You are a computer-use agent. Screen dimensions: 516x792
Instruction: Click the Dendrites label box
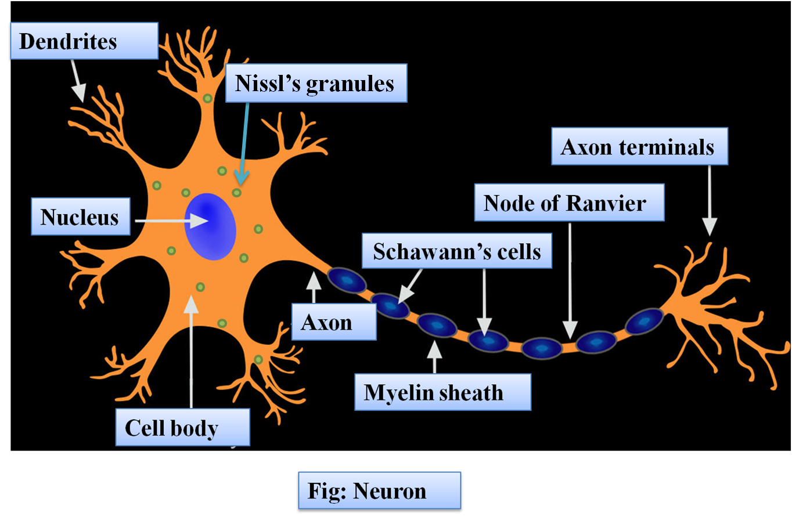[83, 41]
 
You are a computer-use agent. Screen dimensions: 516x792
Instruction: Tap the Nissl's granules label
[316, 84]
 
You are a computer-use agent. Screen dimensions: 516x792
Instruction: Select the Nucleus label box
[80, 218]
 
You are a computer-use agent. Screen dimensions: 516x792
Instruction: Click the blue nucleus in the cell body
[210, 227]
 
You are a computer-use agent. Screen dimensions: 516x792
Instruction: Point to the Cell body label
[182, 428]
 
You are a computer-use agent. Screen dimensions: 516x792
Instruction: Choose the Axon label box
[333, 322]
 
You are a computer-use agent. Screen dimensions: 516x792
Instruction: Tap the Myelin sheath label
[442, 392]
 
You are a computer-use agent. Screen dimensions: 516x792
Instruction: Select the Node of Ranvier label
[569, 203]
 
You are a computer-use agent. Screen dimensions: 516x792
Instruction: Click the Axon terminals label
[639, 147]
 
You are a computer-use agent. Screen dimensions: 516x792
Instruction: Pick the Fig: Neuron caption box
[379, 491]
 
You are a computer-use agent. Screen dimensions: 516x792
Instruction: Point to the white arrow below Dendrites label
[78, 81]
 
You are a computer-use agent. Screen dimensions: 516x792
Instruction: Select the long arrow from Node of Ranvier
[570, 279]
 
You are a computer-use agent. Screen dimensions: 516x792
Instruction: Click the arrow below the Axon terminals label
[710, 200]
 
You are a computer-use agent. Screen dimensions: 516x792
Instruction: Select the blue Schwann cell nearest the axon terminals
[644, 321]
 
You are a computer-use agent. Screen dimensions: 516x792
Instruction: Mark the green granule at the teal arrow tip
[237, 192]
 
